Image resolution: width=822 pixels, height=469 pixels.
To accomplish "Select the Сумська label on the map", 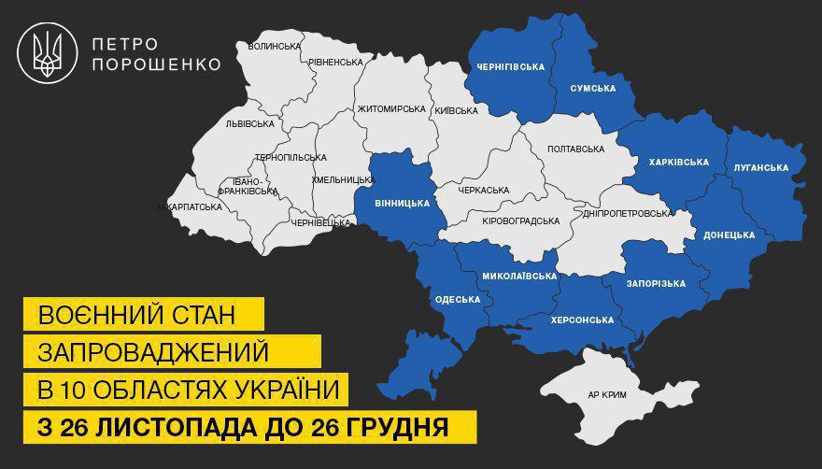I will (592, 88).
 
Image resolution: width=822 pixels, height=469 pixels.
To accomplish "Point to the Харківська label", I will (678, 162).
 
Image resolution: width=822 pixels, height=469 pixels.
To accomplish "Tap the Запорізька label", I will (658, 283).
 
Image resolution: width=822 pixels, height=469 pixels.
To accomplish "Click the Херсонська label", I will (583, 320).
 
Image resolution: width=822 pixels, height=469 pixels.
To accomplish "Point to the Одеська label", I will (458, 299).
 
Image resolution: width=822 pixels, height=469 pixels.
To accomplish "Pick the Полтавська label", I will (575, 148).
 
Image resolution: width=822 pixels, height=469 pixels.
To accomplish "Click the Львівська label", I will (249, 123).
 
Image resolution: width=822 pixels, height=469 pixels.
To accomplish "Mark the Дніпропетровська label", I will (626, 213).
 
